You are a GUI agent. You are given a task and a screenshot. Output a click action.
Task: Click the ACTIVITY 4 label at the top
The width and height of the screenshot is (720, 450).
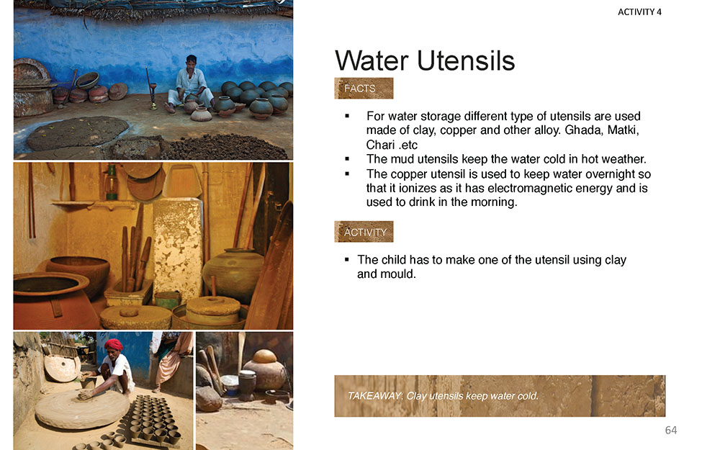click(x=639, y=12)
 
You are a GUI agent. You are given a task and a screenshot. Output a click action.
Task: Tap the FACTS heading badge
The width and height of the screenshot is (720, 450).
click(x=364, y=88)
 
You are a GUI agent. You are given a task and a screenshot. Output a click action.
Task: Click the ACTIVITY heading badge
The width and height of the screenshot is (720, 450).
click(x=364, y=231)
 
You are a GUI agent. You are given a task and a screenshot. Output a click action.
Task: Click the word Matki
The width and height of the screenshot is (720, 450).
click(x=623, y=130)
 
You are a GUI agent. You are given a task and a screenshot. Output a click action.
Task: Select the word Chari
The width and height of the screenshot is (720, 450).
click(x=380, y=145)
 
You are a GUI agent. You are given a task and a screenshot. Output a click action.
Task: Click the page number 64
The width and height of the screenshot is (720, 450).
click(x=671, y=431)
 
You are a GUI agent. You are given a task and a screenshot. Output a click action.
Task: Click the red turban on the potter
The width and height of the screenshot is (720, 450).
click(x=114, y=344)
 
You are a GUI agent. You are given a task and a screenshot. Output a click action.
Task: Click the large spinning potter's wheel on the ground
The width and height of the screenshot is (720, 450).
click(x=82, y=408)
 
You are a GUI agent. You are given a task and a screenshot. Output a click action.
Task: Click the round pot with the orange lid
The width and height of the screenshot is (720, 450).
click(x=265, y=369)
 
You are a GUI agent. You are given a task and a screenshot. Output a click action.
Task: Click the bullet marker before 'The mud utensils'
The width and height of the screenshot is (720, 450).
click(x=347, y=159)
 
